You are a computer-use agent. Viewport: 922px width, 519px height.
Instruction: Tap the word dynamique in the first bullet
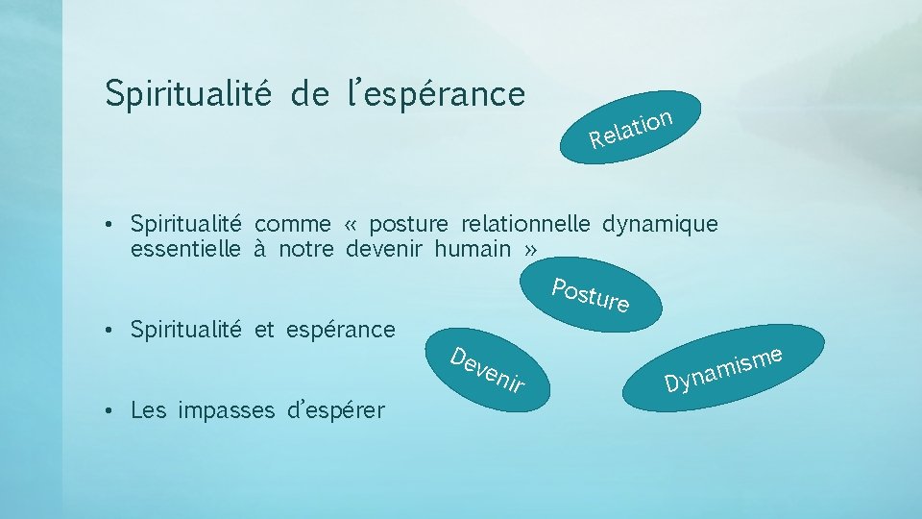click(660, 225)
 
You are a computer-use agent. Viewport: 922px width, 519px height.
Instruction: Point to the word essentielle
click(185, 249)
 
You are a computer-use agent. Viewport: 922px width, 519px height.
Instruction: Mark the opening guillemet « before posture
click(350, 225)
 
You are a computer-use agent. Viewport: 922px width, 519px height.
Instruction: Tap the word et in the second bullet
click(264, 330)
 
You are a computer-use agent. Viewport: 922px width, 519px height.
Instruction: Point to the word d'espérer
click(336, 410)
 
